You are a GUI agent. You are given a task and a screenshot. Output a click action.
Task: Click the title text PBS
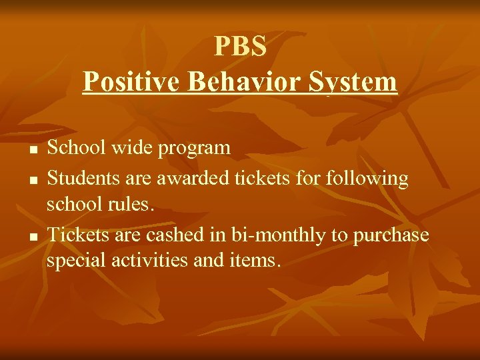coord(240,47)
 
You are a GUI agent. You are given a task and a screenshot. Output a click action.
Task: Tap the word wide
coord(128,147)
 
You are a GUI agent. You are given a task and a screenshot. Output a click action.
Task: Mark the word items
coord(257,259)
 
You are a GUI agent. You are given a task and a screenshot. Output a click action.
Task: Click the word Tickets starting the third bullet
coord(73,235)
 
